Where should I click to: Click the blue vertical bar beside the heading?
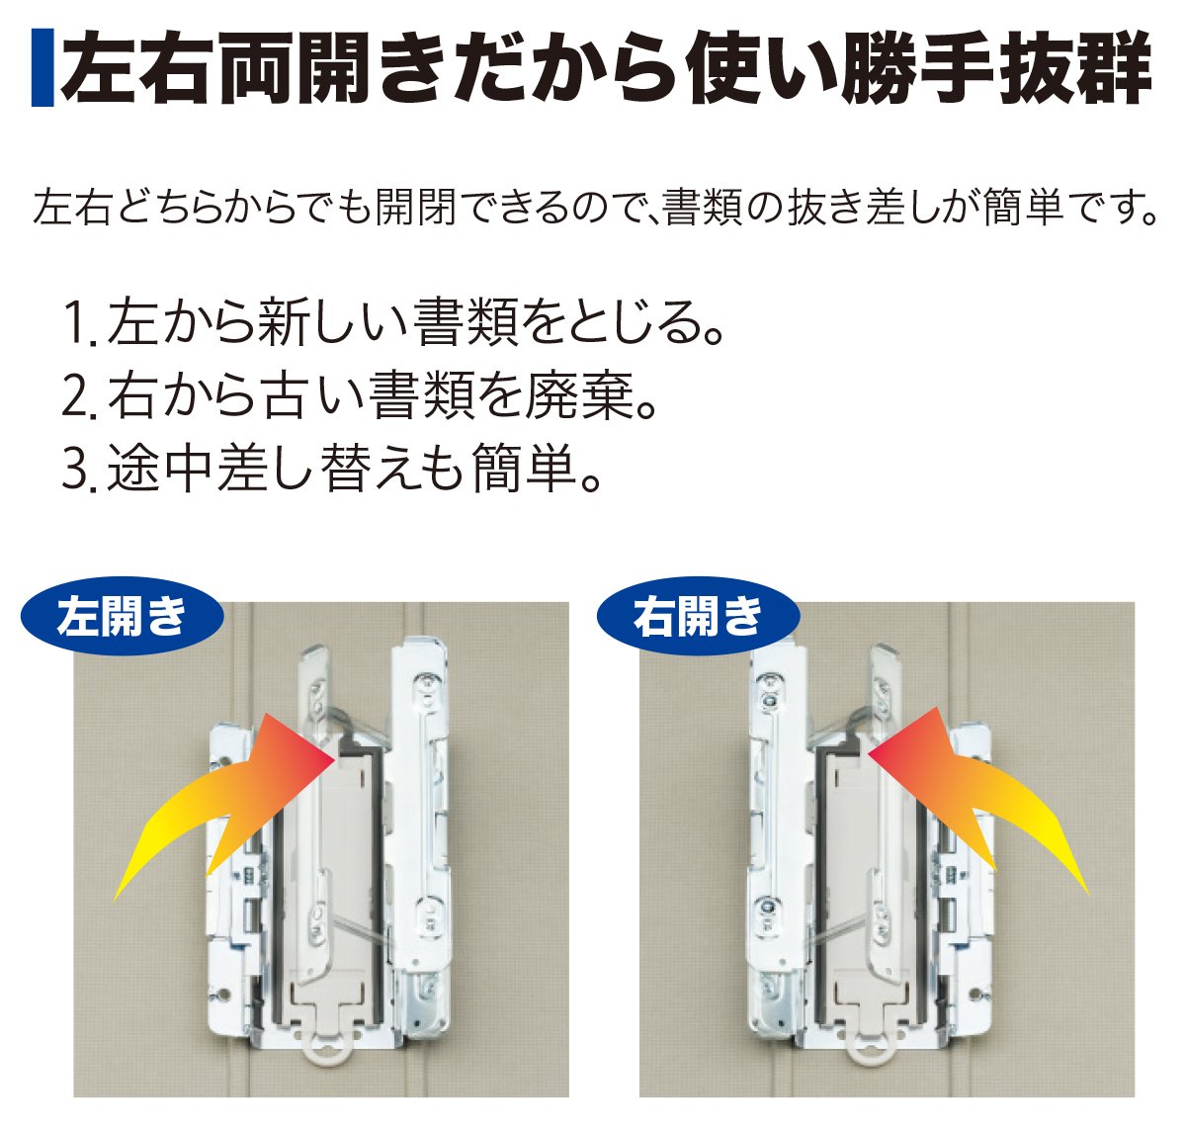(x=42, y=67)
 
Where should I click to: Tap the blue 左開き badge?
(x=123, y=617)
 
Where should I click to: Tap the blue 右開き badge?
(x=699, y=617)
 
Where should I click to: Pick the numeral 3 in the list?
(x=74, y=470)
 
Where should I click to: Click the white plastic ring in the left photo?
(x=329, y=1051)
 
